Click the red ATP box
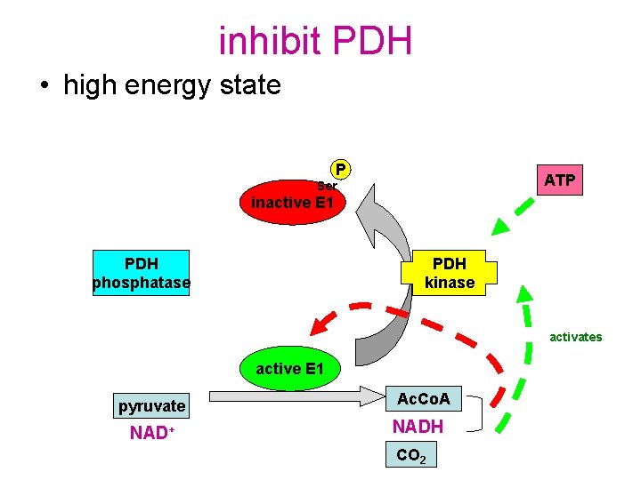point(559,180)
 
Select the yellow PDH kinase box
point(449,274)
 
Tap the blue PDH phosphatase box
point(142,274)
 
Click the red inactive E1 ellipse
point(292,202)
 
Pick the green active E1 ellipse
point(290,368)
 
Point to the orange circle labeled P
point(340,169)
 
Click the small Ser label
point(328,186)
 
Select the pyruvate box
point(152,406)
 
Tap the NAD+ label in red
point(150,434)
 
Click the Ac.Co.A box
point(423,400)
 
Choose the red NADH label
point(418,428)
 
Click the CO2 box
point(410,455)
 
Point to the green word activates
point(575,337)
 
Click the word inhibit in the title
point(269,41)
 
